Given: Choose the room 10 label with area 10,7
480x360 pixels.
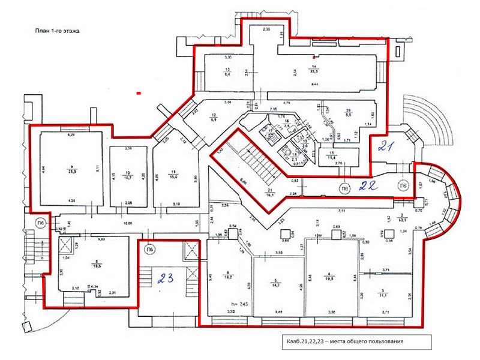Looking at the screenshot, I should [x=128, y=176].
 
